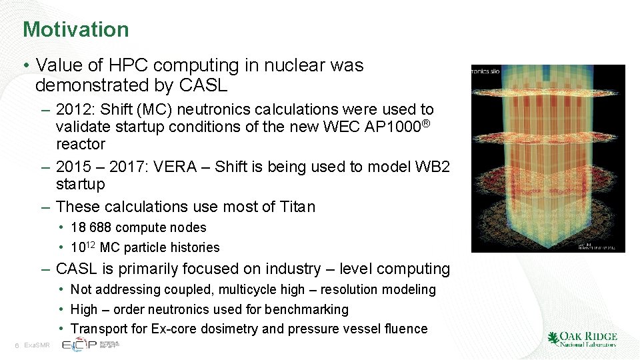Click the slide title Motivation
pos(75,29)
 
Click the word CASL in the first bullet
pos(204,85)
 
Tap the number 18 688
pos(92,227)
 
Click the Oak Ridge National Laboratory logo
pos(582,339)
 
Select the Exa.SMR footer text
pos(37,345)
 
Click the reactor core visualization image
pos(548,158)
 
